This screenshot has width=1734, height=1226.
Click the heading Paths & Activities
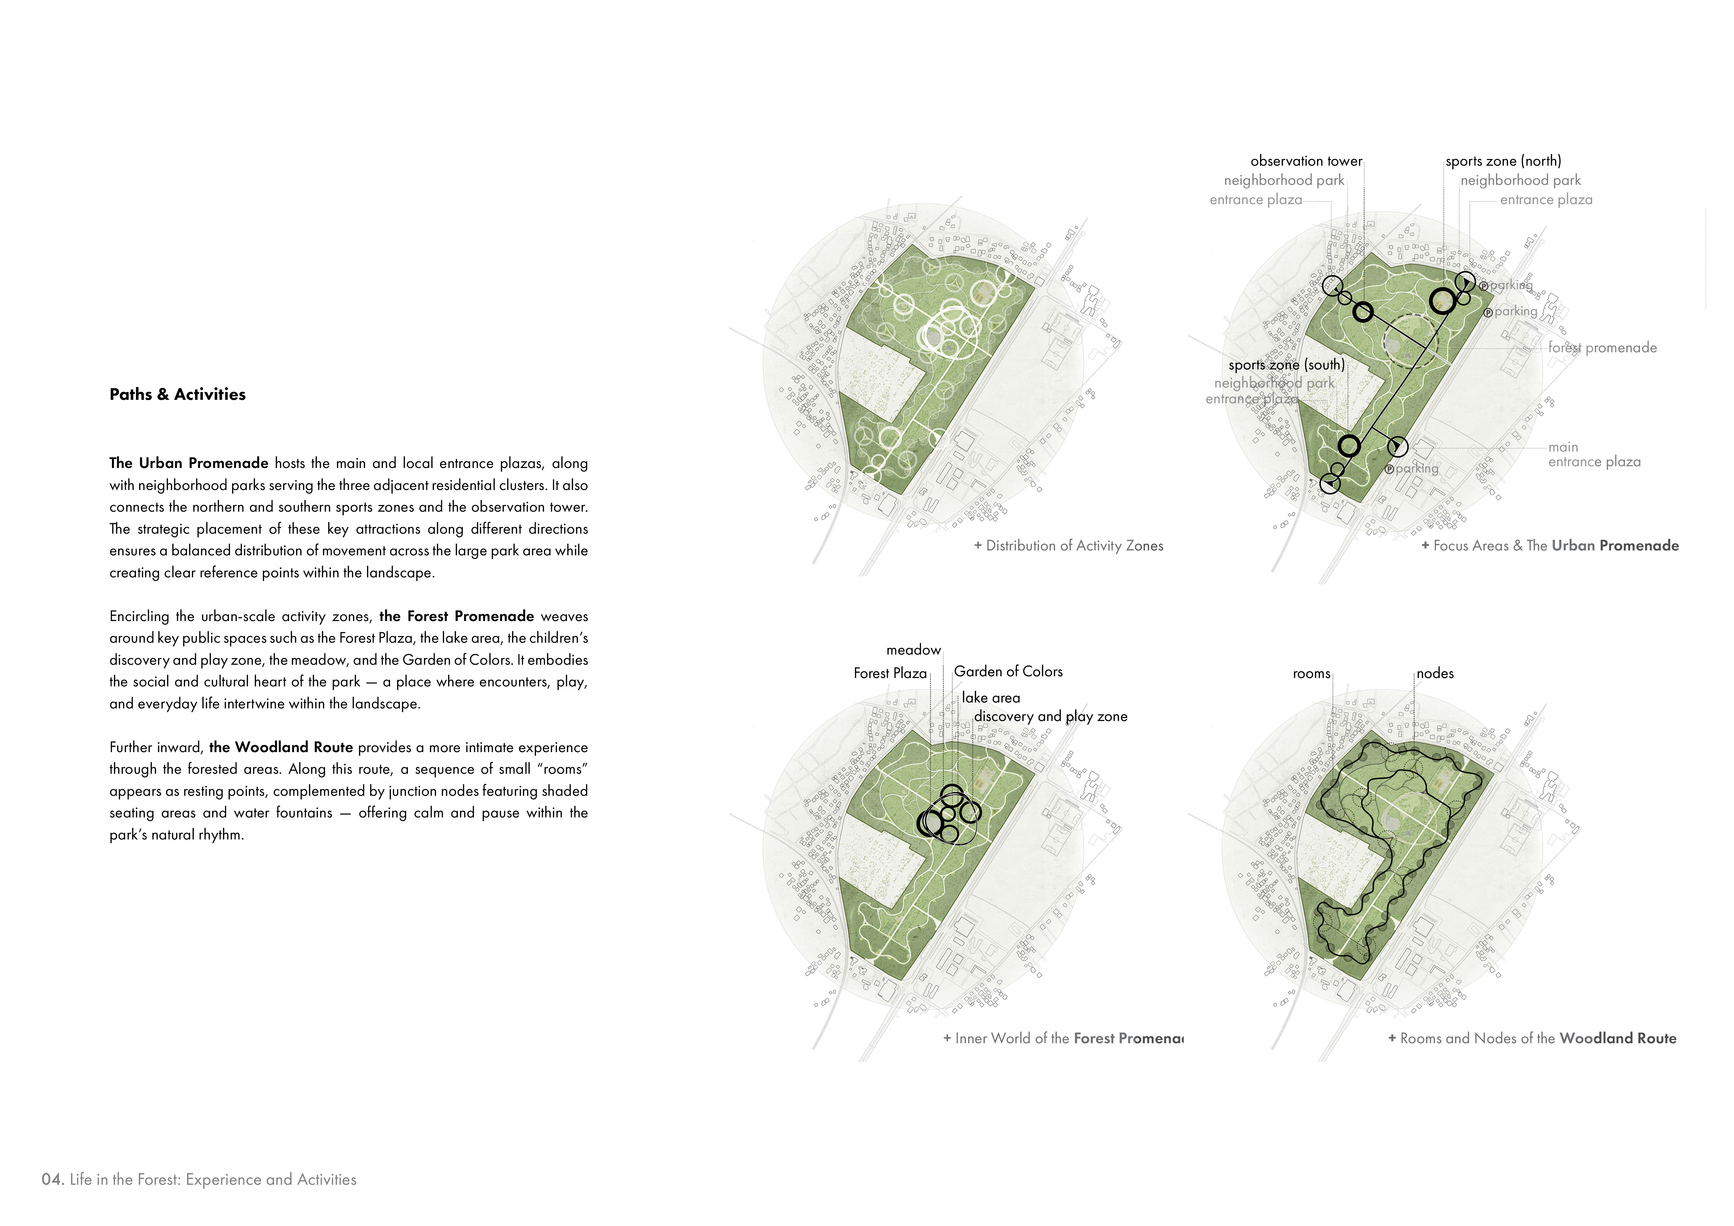(178, 394)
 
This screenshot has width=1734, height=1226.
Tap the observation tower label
(1306, 161)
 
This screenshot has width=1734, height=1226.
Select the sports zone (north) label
(1503, 161)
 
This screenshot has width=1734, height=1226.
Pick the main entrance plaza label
(1593, 454)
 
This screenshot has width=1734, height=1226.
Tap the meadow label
(913, 650)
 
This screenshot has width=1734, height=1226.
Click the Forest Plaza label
(890, 673)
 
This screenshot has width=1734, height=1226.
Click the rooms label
(1311, 673)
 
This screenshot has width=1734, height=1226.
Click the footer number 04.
(52, 1179)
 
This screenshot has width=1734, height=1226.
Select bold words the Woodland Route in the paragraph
(281, 747)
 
